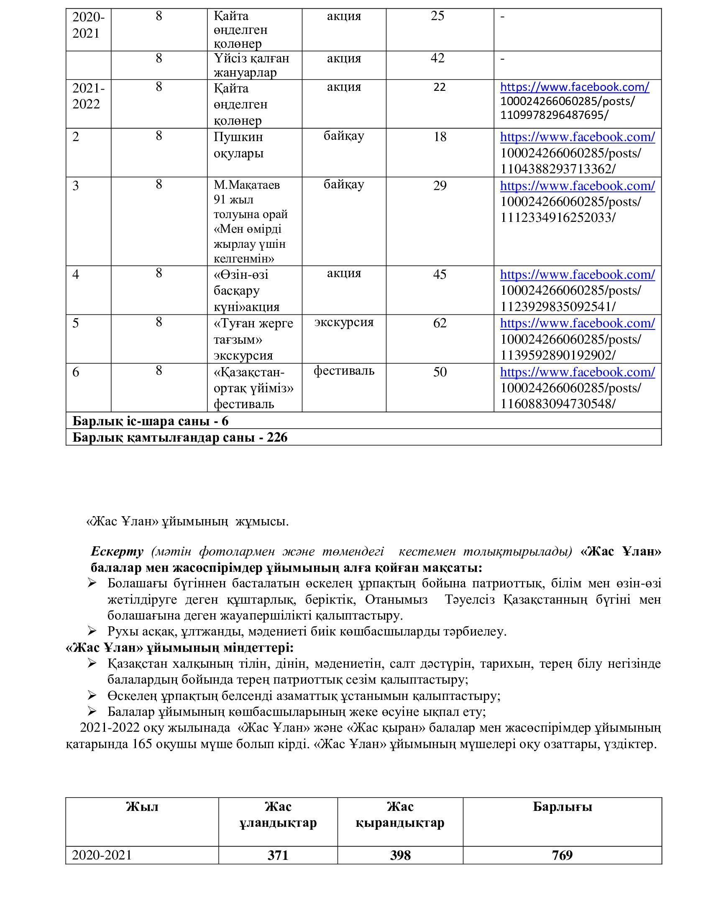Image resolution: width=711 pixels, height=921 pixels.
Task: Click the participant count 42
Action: (437, 58)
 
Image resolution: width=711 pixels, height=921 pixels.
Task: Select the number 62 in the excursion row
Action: (440, 323)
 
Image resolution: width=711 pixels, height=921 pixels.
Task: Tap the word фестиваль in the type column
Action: (344, 370)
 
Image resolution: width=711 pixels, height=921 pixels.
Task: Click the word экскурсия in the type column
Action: (344, 322)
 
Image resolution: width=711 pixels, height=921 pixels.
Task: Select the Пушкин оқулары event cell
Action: (238, 145)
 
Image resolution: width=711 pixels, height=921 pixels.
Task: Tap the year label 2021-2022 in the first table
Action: (88, 96)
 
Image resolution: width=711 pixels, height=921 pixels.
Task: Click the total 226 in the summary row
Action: (277, 437)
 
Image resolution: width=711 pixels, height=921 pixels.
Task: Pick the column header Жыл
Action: (142, 807)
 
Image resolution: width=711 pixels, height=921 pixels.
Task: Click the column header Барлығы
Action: (562, 807)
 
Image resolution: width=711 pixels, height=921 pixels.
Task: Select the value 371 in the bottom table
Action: (278, 855)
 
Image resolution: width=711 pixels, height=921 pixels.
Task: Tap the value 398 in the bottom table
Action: (400, 855)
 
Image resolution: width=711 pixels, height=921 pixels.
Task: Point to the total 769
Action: (562, 855)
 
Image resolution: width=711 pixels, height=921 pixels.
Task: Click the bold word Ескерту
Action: (117, 551)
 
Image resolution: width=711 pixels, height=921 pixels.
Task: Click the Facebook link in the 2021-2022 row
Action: (575, 87)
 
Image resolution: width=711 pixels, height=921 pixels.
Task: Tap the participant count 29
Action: (440, 185)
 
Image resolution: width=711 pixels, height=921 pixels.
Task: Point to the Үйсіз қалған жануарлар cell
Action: (251, 65)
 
